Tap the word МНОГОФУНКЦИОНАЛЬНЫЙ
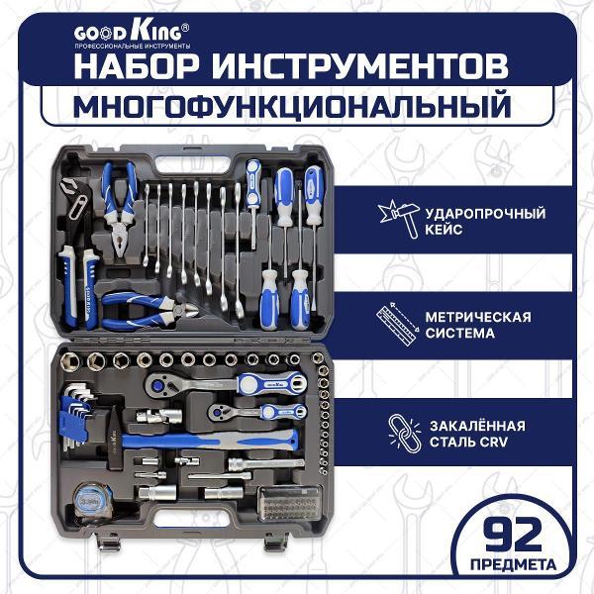[x=292, y=105]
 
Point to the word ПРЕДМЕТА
[x=513, y=564]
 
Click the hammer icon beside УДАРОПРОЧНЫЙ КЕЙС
[x=399, y=219]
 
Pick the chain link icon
[x=405, y=433]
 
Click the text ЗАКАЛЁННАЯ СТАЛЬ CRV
[x=477, y=434]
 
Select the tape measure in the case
[x=92, y=503]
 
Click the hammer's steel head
[x=113, y=439]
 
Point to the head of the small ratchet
[x=219, y=412]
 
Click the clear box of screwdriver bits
[x=290, y=504]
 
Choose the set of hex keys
[x=76, y=416]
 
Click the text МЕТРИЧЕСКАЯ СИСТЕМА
[x=478, y=325]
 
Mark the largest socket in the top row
[x=70, y=361]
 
